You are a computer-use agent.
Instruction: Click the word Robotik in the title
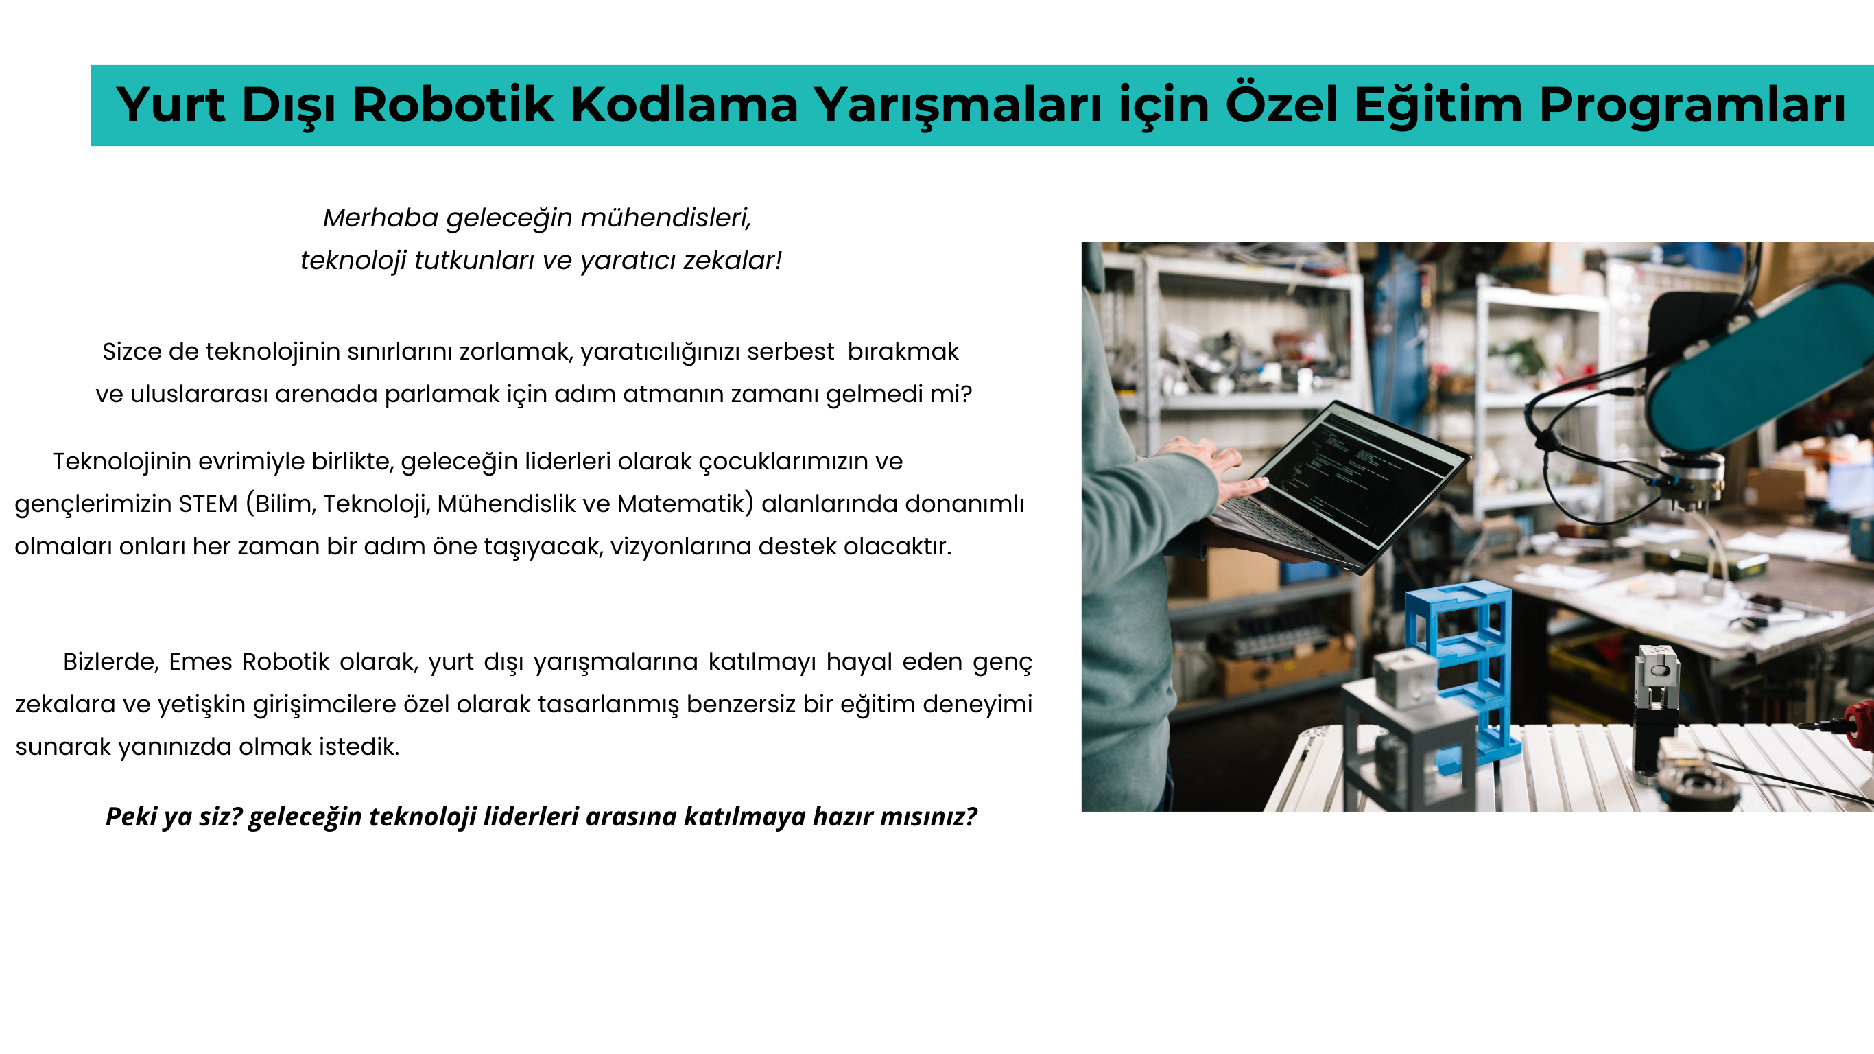click(x=453, y=105)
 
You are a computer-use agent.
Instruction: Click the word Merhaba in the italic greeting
click(x=381, y=218)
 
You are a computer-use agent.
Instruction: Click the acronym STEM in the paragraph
click(x=208, y=504)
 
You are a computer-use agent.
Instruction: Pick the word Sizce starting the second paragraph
click(x=132, y=351)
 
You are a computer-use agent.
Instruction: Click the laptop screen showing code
click(x=1365, y=473)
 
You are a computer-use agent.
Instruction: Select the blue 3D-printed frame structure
click(x=1462, y=673)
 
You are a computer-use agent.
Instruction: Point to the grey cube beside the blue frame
click(x=1404, y=677)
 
